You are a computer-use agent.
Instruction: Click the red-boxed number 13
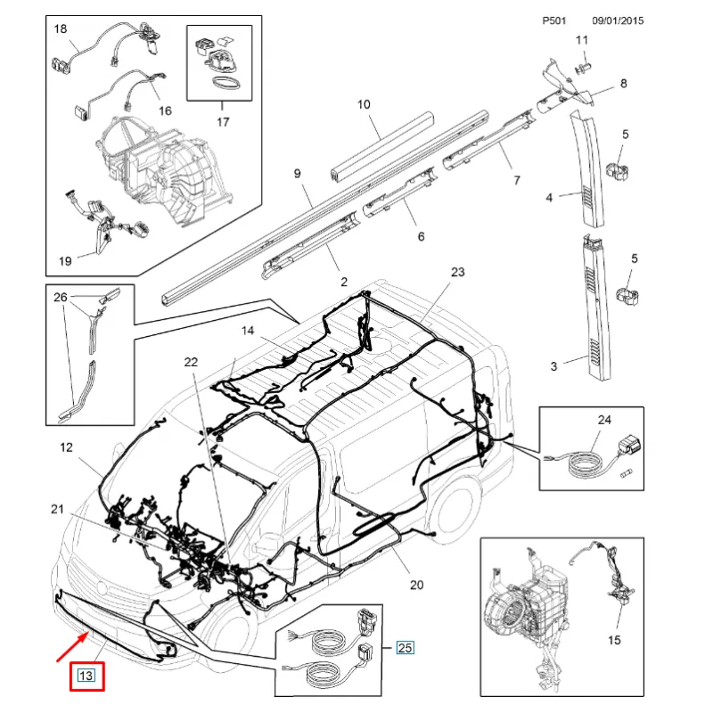(88, 676)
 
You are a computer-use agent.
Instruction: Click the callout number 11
(582, 40)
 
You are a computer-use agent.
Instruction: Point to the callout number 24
(604, 418)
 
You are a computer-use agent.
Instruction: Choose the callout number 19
(65, 261)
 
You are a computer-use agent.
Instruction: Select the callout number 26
(61, 298)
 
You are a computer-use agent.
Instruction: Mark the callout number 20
(416, 586)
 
